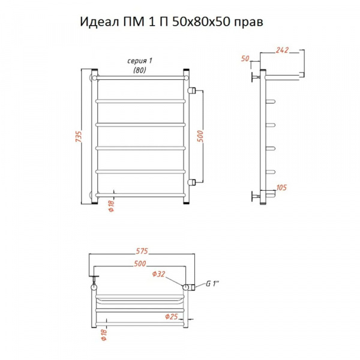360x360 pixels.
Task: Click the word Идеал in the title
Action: [99, 22]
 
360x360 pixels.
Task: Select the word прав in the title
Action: [248, 22]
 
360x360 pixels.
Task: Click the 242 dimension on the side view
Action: [284, 51]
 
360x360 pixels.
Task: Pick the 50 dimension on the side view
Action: [244, 59]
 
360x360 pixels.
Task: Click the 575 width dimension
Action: [142, 251]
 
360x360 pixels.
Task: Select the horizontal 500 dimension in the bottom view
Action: [140, 264]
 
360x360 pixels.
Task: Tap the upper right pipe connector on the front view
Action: [193, 90]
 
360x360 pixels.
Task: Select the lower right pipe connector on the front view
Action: [193, 181]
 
